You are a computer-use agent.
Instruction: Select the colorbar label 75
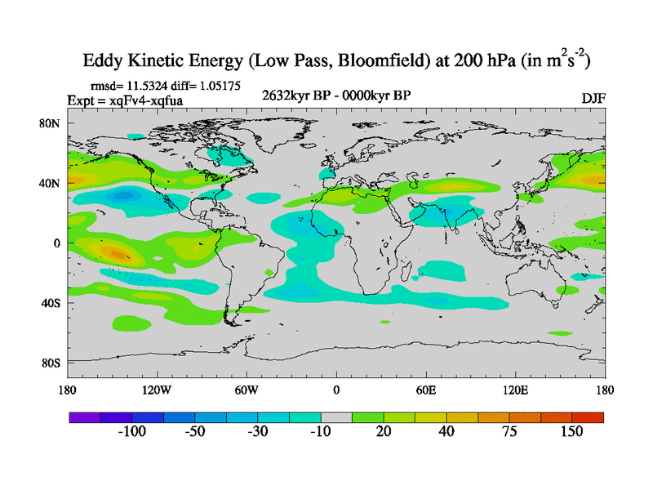pos(509,431)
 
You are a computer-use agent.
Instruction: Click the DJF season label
pos(593,98)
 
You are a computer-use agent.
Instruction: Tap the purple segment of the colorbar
pos(84,416)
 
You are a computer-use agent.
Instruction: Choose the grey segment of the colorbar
pos(336,416)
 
